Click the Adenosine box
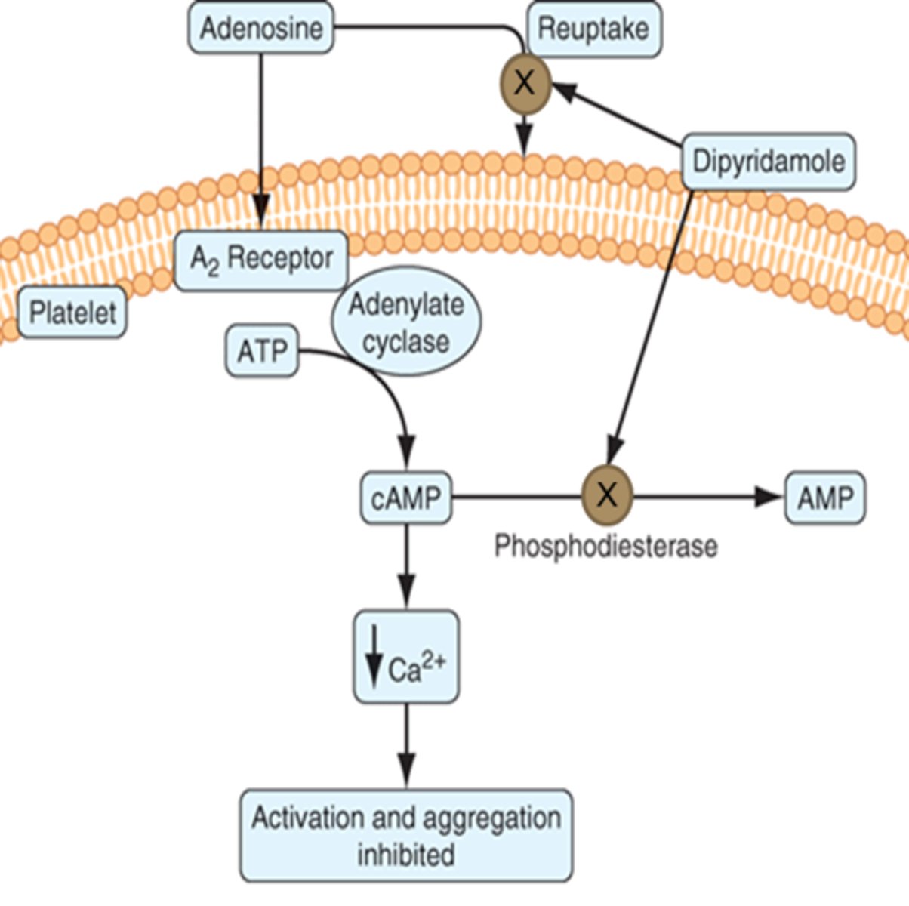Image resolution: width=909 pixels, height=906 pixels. coord(260,29)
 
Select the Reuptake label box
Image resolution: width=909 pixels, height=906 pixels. coord(593,29)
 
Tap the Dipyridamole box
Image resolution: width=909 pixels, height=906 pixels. coord(769,162)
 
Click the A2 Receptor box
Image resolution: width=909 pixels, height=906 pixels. coord(261,260)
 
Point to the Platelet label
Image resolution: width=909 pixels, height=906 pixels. coord(72,312)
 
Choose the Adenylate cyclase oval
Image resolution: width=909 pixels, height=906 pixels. coord(406,322)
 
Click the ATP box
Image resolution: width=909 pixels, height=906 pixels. coord(262,352)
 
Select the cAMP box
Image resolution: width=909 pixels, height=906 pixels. coord(406,498)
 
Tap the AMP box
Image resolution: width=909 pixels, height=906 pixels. coord(825,498)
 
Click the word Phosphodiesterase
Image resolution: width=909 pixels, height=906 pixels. coord(605,545)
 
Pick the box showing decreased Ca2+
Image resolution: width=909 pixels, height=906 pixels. coord(406,657)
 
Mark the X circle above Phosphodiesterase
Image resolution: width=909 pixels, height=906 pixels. coord(607,496)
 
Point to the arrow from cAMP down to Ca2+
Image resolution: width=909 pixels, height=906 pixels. coord(406,566)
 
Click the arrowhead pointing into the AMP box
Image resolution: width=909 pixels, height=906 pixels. coord(769,497)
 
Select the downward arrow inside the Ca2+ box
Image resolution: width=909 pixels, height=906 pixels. coord(373,657)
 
